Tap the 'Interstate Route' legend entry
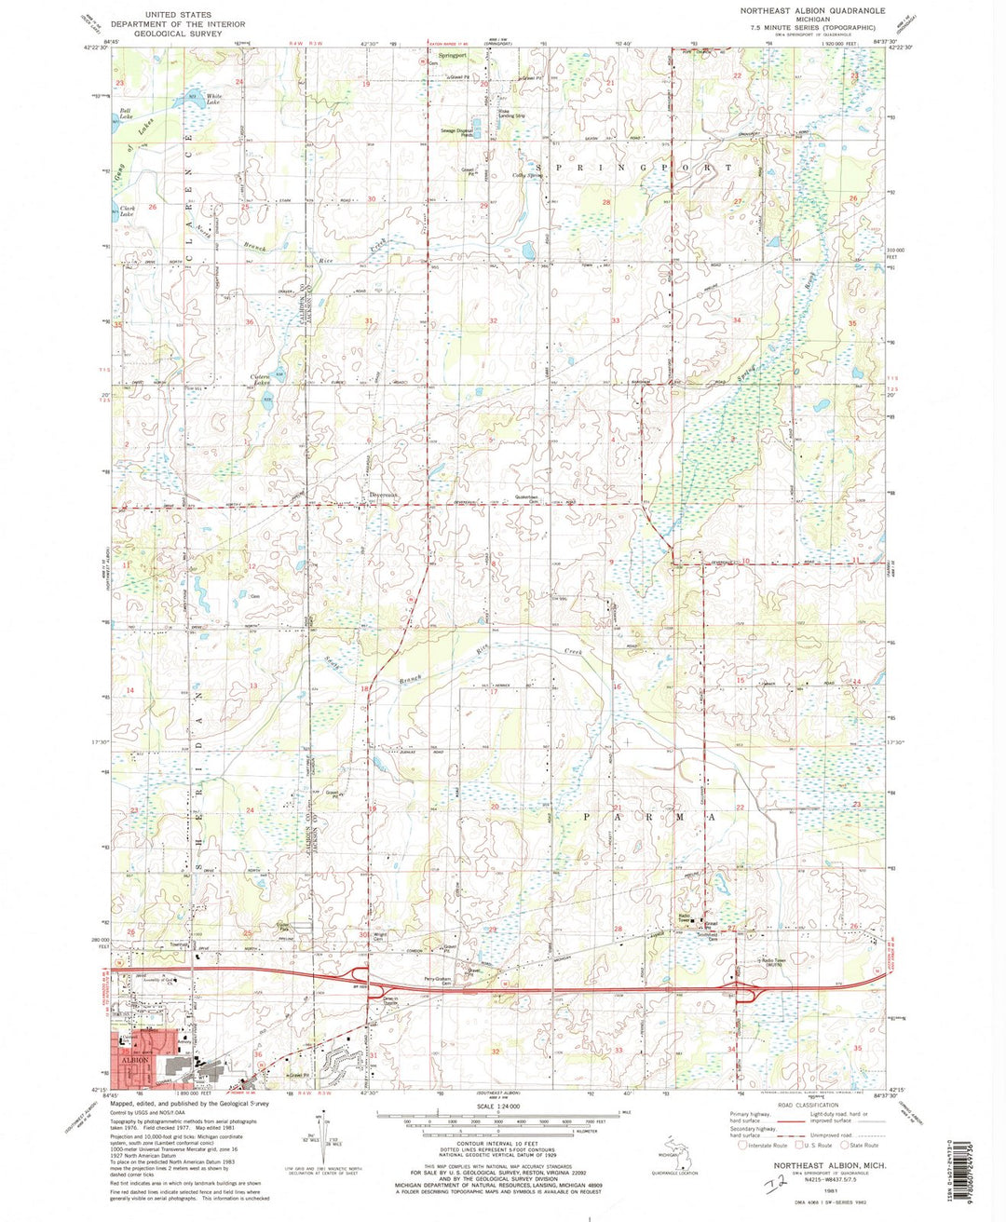pos(762,1146)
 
